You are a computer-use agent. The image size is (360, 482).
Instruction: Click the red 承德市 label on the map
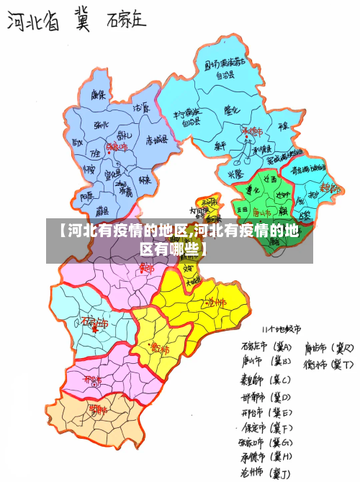coord(251,132)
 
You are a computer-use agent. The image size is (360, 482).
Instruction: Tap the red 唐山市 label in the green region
coord(262,213)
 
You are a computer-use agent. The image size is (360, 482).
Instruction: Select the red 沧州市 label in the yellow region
coord(215,303)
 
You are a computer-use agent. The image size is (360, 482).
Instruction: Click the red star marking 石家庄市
coord(94,330)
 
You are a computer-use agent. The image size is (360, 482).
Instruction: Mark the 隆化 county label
coord(231,110)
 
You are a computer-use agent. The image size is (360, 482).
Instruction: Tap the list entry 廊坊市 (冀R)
coord(328,348)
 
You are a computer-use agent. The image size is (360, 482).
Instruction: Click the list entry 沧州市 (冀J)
coord(265,472)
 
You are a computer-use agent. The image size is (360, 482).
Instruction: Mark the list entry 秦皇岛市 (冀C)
coord(265,380)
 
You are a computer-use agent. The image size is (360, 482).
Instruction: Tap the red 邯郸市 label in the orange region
coord(98,409)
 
